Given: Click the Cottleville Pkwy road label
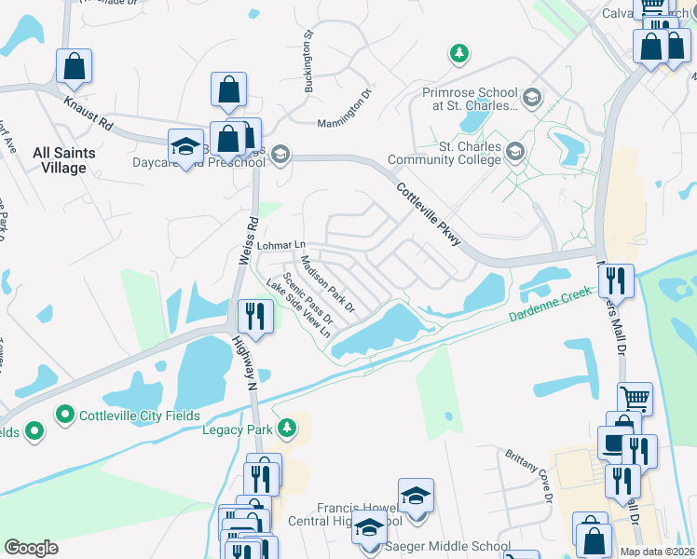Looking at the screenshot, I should (428, 214).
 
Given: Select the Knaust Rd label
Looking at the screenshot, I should (88, 111).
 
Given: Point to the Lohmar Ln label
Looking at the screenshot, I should (281, 245).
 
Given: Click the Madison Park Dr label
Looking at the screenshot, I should (328, 283).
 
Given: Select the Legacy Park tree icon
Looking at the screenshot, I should (288, 429).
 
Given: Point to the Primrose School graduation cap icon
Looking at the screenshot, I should (531, 97).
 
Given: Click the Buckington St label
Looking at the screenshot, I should (307, 62).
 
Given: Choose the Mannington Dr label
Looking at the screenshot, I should (344, 108).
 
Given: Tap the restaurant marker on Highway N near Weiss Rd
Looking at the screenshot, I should (253, 315).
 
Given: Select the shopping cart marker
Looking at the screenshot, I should (635, 398).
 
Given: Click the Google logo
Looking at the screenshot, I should (31, 548).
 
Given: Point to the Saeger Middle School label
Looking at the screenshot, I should (449, 547).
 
